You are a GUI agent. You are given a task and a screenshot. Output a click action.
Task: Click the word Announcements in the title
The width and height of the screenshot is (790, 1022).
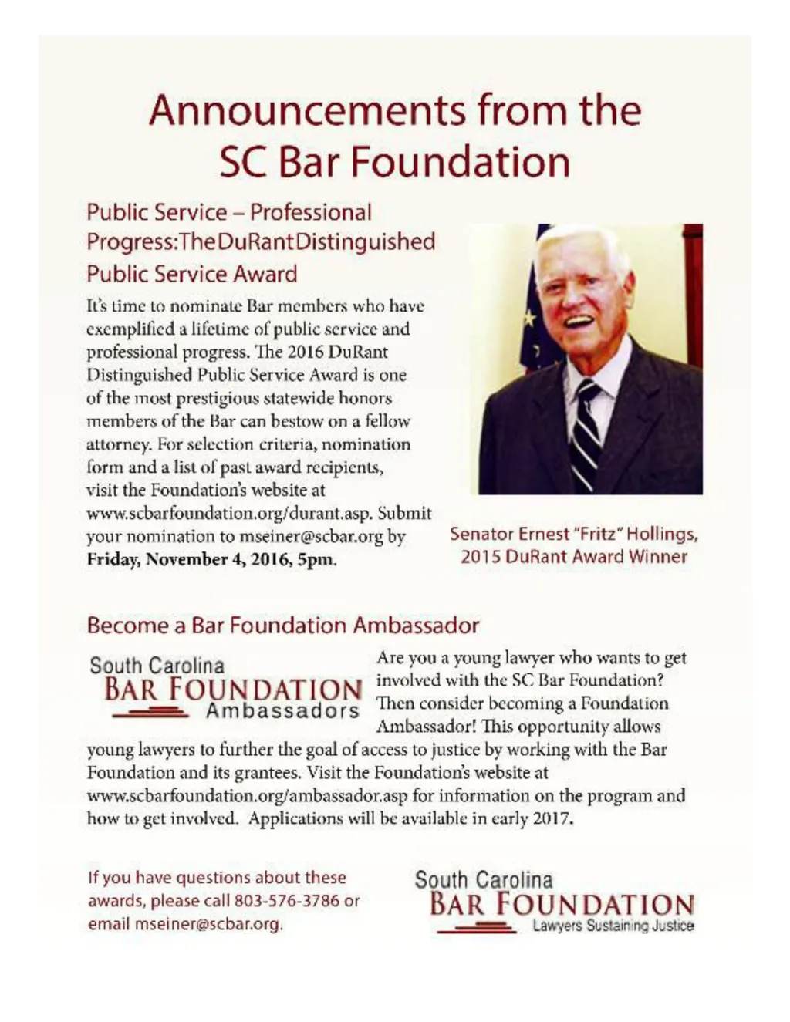(307, 110)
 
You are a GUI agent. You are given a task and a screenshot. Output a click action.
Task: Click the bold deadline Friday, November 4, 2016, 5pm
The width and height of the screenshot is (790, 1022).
(212, 559)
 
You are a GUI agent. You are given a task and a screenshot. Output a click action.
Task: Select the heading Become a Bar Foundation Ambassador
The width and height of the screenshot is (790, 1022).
(283, 625)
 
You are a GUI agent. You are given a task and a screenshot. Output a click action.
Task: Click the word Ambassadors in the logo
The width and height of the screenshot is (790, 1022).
(282, 711)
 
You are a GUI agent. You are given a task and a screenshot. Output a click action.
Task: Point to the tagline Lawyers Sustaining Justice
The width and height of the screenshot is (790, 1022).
(613, 926)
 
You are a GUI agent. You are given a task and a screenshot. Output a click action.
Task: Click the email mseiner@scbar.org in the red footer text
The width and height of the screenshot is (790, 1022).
(207, 923)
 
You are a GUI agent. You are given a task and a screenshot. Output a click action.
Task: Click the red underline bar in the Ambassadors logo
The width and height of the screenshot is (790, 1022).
(150, 713)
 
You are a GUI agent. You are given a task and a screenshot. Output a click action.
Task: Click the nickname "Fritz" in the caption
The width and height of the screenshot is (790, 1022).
(598, 534)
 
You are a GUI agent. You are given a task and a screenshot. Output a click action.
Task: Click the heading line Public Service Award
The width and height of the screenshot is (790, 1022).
(192, 274)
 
